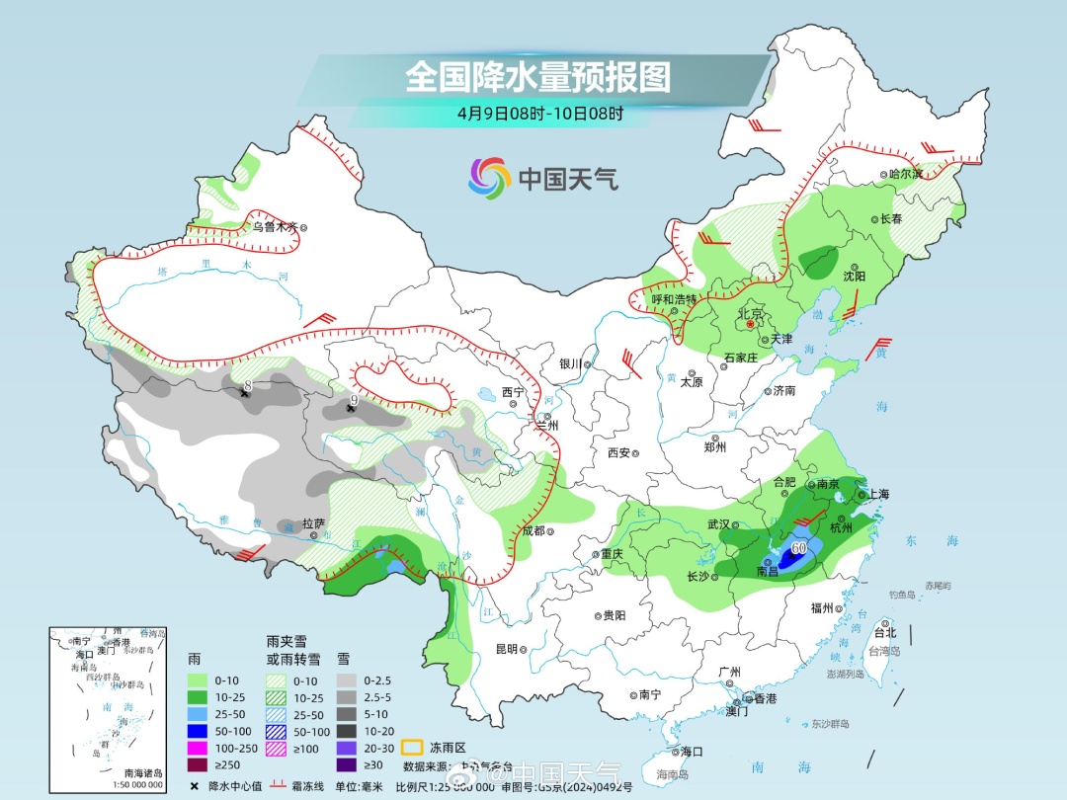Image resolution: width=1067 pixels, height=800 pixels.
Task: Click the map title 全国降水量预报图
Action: coord(538,76)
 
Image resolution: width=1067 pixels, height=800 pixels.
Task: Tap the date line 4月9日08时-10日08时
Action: coord(539,114)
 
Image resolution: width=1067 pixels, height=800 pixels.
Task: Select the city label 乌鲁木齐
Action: coord(274,226)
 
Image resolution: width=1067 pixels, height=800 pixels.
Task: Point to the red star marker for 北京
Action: coord(751,323)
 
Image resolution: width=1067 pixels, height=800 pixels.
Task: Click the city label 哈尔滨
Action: coord(904,174)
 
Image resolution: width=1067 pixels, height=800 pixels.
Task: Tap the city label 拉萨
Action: coord(313,523)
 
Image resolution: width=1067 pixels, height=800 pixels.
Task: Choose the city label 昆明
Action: coord(506,649)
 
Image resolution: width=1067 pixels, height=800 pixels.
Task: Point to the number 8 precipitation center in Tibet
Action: coord(247,386)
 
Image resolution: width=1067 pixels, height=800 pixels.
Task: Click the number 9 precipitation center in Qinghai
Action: coord(353,400)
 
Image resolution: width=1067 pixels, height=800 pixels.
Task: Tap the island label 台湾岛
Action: coord(884,652)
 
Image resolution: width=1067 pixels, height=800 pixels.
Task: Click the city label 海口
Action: coord(692,751)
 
